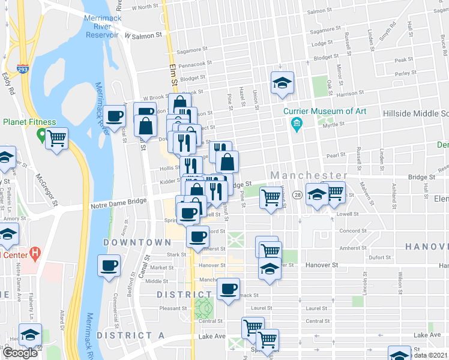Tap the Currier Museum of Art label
331,111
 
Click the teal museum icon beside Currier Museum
296,125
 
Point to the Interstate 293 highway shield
23,70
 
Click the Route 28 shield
297,196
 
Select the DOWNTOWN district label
137,242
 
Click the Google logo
20,353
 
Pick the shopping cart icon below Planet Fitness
56,139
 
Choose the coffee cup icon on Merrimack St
228,289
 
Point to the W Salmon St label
143,36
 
